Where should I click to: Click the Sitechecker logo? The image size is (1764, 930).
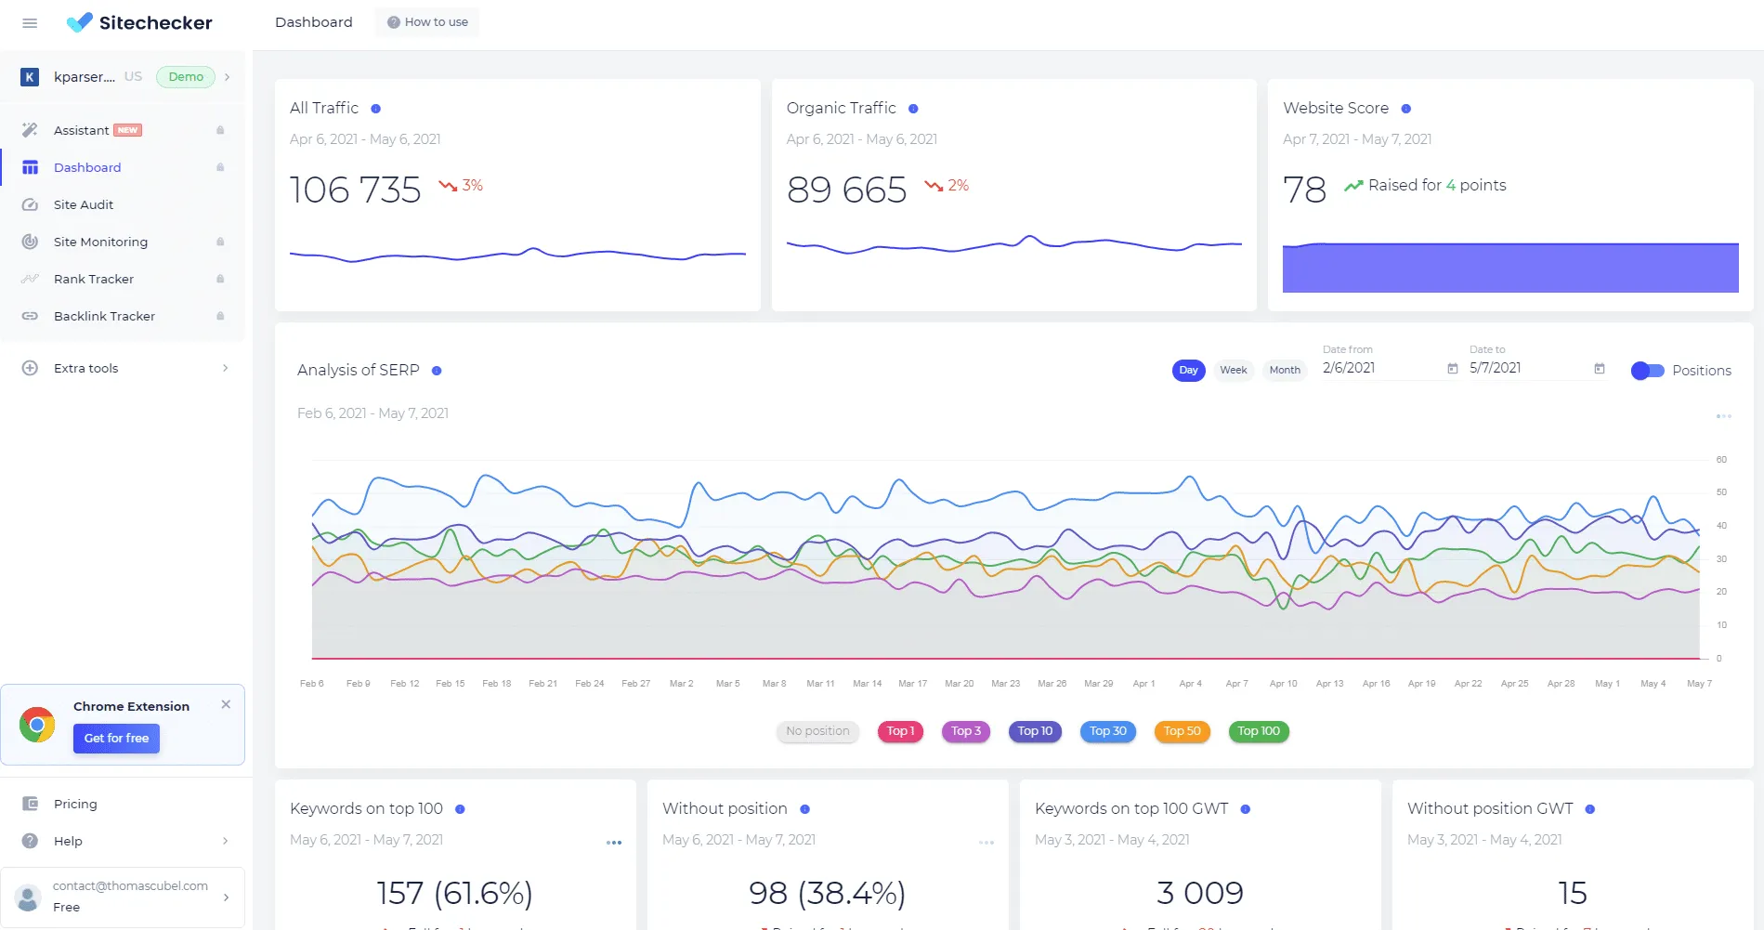(139, 22)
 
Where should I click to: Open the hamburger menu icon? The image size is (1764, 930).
(30, 23)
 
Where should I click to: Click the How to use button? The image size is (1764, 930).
(427, 22)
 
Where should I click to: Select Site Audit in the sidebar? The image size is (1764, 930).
(83, 204)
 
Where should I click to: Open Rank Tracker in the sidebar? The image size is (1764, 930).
(93, 279)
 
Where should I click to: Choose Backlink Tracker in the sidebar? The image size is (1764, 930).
(104, 316)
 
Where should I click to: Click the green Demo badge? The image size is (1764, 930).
(186, 77)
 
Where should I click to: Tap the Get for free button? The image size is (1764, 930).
(116, 739)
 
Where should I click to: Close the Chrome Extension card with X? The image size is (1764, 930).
(226, 704)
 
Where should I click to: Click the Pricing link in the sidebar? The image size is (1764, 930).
(75, 804)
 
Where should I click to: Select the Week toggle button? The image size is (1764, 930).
(1233, 370)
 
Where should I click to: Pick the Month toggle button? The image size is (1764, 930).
(1284, 370)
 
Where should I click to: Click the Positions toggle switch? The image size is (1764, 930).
(1647, 371)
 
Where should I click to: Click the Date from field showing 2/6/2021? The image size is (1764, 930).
(1379, 368)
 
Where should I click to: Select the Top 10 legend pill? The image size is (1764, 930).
(1035, 731)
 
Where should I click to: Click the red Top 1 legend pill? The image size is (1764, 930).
(900, 731)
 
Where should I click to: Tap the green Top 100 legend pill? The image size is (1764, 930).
(1258, 731)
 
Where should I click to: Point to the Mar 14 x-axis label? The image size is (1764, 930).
(867, 684)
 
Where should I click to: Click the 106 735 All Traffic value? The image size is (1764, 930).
(355, 190)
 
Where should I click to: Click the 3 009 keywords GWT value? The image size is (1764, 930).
(1199, 893)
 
